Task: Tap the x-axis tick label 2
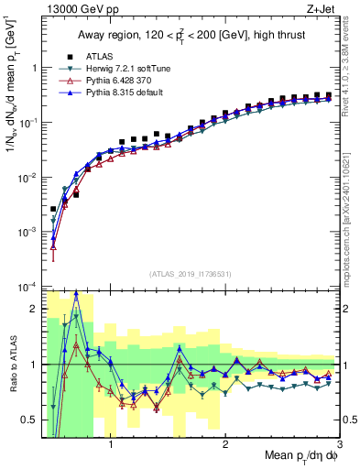click(225, 447)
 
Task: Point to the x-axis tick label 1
click(111, 447)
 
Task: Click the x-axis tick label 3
click(339, 447)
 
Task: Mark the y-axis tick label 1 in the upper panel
click(35, 68)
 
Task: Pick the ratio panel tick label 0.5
click(30, 420)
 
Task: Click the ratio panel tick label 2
click(35, 309)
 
